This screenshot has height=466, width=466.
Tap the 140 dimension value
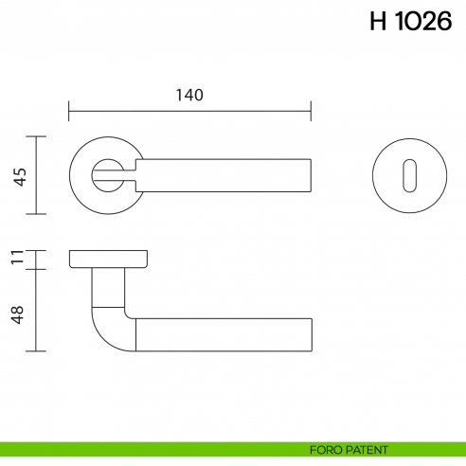click(189, 95)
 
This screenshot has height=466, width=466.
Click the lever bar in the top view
click(227, 175)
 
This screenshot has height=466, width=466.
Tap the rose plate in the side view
click(108, 259)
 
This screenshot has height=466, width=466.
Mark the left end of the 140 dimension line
click(69, 112)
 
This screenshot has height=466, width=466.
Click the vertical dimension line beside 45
click(36, 175)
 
